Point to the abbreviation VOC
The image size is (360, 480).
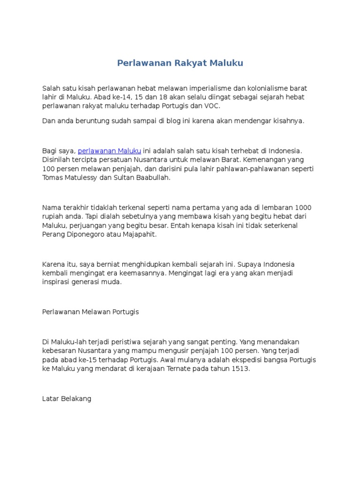click(212, 106)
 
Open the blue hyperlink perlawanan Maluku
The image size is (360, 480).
click(109, 151)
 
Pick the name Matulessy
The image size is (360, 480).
click(82, 178)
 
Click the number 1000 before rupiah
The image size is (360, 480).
click(302, 207)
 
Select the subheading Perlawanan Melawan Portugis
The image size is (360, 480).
click(90, 312)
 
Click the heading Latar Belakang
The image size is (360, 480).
click(67, 398)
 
